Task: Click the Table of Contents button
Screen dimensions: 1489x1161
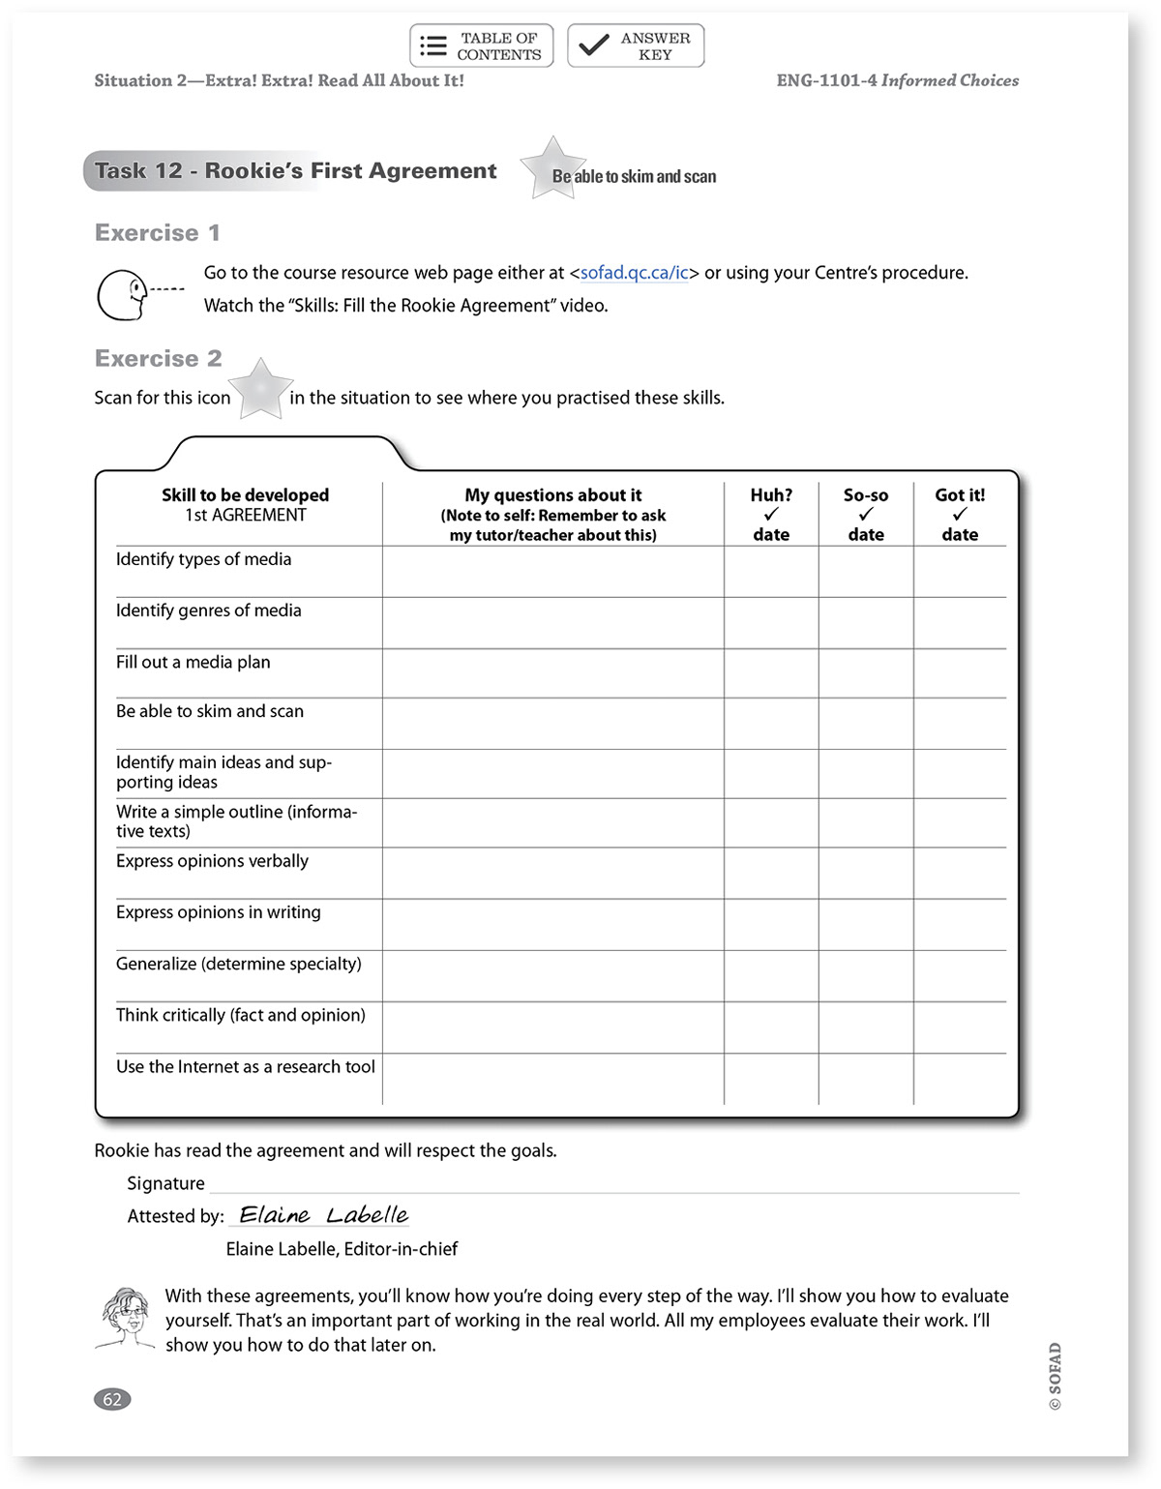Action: pos(482,45)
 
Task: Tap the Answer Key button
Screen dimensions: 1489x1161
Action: pos(636,45)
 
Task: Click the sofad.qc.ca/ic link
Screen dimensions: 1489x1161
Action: pos(634,273)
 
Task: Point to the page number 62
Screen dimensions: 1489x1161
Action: pos(112,1399)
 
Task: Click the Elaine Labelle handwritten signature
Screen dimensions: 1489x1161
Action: pos(323,1215)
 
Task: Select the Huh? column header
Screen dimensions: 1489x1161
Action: pos(771,514)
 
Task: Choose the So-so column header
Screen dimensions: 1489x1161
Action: pos(866,514)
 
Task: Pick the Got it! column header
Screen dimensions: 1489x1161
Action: pos(960,514)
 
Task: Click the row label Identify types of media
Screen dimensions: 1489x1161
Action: pos(203,559)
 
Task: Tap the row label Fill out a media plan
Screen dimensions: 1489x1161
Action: pos(193,663)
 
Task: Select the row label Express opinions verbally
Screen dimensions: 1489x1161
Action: pos(212,861)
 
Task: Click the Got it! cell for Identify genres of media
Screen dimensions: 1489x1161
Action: pos(960,622)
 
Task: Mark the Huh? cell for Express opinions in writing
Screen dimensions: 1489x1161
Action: pos(771,924)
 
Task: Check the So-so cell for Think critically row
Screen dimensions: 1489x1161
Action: pos(866,1027)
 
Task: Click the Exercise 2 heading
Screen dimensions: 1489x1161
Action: pos(159,359)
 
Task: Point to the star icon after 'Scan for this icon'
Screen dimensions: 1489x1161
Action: pos(260,389)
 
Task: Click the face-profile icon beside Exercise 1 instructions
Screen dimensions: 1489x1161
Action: pos(126,294)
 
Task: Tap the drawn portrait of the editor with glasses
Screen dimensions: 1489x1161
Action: pos(126,1318)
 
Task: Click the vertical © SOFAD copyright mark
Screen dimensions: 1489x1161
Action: pos(1055,1376)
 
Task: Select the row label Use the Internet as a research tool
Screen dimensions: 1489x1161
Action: pos(246,1067)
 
